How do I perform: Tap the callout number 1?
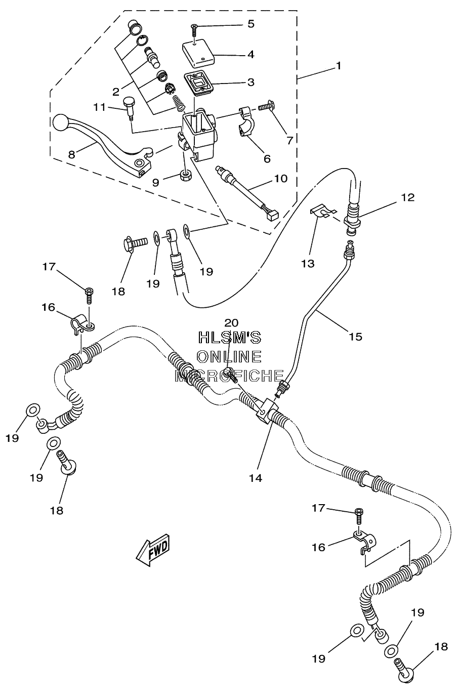[x=339, y=66]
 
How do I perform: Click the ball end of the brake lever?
[x=60, y=122]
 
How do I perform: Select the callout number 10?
[x=281, y=179]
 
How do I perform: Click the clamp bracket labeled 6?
[x=247, y=121]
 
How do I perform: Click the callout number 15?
[x=355, y=337]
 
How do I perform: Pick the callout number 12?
[x=408, y=197]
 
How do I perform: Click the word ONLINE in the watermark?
[x=230, y=357]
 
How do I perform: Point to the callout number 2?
[x=116, y=92]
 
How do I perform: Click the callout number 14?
[x=256, y=478]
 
